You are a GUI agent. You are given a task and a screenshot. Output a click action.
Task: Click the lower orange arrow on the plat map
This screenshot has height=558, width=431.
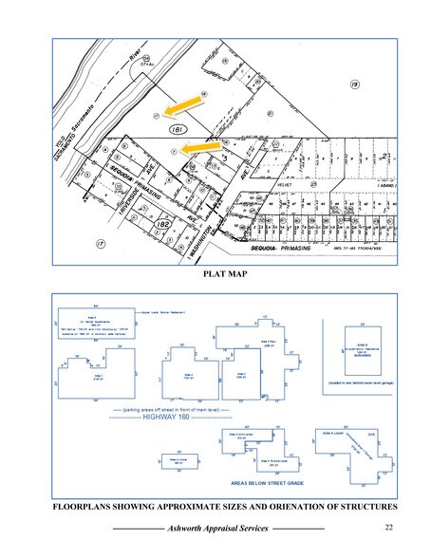(200, 146)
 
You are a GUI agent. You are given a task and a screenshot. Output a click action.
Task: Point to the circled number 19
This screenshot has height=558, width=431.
(354, 85)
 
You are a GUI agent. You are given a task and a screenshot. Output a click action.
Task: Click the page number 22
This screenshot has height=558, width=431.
(390, 527)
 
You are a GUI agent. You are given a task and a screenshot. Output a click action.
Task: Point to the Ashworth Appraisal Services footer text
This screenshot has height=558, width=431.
(219, 528)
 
